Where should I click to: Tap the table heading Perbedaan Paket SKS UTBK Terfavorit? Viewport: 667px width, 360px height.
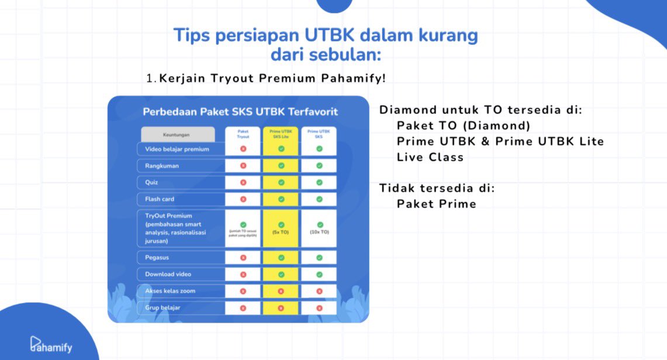[x=240, y=111]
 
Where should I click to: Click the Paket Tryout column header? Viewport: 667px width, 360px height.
[x=243, y=134]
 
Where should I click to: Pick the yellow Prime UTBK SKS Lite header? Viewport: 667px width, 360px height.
[x=281, y=134]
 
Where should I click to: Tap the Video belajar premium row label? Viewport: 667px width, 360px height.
[x=177, y=149]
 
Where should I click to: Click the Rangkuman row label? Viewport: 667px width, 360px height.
[x=162, y=166]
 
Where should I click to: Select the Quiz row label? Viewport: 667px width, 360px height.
[x=152, y=182]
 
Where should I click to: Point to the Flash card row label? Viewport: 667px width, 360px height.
[x=160, y=199]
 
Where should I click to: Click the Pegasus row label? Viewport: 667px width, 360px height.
[x=157, y=257]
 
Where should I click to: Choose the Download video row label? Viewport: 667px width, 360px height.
[x=168, y=274]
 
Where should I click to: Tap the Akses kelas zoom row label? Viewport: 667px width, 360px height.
[x=170, y=290]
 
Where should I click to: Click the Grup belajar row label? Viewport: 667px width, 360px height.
[x=163, y=307]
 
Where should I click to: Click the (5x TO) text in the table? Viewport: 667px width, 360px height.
[x=281, y=232]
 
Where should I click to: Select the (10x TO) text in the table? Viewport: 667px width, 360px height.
[x=319, y=232]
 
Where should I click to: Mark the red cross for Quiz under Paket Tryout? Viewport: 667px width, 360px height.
[x=243, y=182]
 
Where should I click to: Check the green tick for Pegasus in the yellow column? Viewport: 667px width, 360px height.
[x=281, y=257]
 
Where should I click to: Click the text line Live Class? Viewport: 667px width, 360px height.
[x=430, y=157]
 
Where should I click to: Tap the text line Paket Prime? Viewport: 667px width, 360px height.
[x=436, y=204]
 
